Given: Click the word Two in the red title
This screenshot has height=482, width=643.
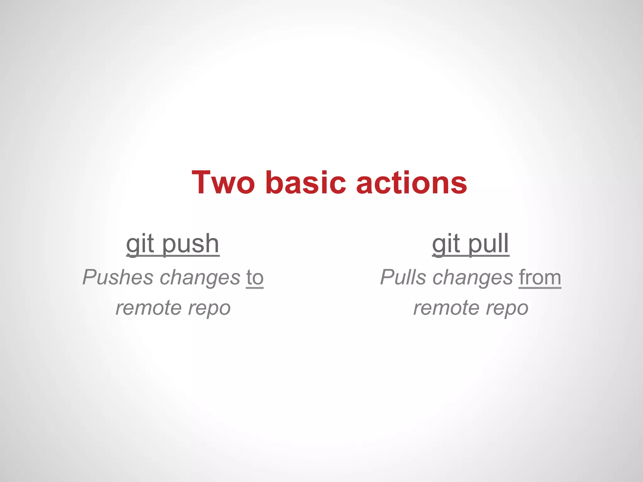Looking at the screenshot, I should pyautogui.click(x=223, y=183).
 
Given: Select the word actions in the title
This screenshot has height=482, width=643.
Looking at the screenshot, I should pyautogui.click(x=412, y=183).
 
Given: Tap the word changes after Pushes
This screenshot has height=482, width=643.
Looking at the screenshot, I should pyautogui.click(x=200, y=278).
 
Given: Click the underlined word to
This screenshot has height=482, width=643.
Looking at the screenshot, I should pyautogui.click(x=255, y=278).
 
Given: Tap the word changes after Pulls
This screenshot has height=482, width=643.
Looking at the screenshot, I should pyautogui.click(x=473, y=278).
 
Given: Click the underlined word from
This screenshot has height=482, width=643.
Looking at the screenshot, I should pyautogui.click(x=540, y=278).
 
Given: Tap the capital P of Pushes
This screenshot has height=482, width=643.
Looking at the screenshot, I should pyautogui.click(x=89, y=277).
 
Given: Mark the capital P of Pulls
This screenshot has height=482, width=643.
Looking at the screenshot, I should pyautogui.click(x=387, y=277).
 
